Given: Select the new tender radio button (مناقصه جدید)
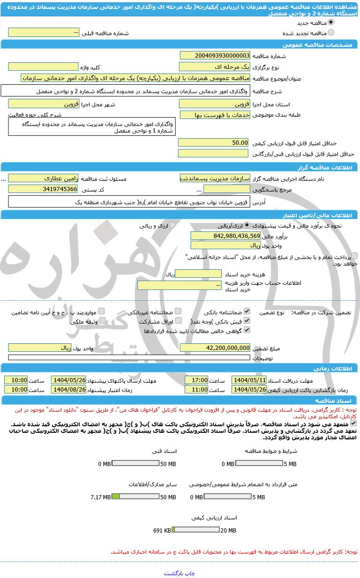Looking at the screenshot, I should (x=331, y=22).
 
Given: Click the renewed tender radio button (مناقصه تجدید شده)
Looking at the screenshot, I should (x=331, y=33).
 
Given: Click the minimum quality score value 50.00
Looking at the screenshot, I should (x=213, y=142).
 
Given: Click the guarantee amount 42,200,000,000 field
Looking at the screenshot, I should (x=215, y=348).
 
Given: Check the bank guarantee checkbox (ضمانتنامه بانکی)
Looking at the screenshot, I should (x=247, y=311).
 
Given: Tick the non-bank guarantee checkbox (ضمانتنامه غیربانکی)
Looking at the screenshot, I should (x=178, y=311).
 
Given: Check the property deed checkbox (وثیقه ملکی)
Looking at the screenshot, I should (x=102, y=321).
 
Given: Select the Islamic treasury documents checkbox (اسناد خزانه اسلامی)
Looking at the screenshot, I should (x=354, y=256).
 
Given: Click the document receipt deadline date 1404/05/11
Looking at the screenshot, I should (x=249, y=380).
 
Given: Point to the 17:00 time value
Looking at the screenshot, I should (x=196, y=380).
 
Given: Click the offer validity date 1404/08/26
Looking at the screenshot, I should (x=68, y=389).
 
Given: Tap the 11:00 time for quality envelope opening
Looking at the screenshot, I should (x=196, y=389).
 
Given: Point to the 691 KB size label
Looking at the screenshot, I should (x=162, y=531).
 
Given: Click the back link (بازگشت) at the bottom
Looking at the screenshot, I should (x=173, y=573).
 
